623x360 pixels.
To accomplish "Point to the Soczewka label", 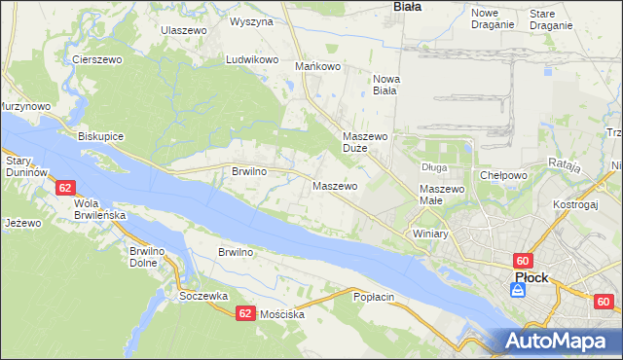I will coord(203,295).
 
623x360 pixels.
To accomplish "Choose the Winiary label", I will coord(429,234).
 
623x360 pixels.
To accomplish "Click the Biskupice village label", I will coord(100,136).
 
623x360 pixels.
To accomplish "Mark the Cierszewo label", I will coord(95,59).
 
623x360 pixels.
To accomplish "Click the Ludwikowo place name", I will coord(253,59).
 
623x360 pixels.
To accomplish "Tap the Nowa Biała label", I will coord(385,85).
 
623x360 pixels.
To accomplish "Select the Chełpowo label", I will coord(503,175).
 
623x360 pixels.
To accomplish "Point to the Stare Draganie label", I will coord(551,18).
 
